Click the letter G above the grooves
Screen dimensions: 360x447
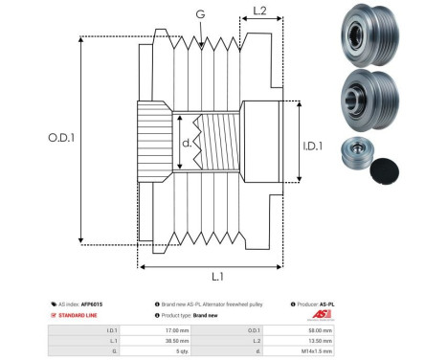pyautogui.click(x=199, y=13)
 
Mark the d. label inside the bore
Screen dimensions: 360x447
pyautogui.click(x=187, y=145)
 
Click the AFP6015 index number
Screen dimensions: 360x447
pyautogui.click(x=91, y=304)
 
